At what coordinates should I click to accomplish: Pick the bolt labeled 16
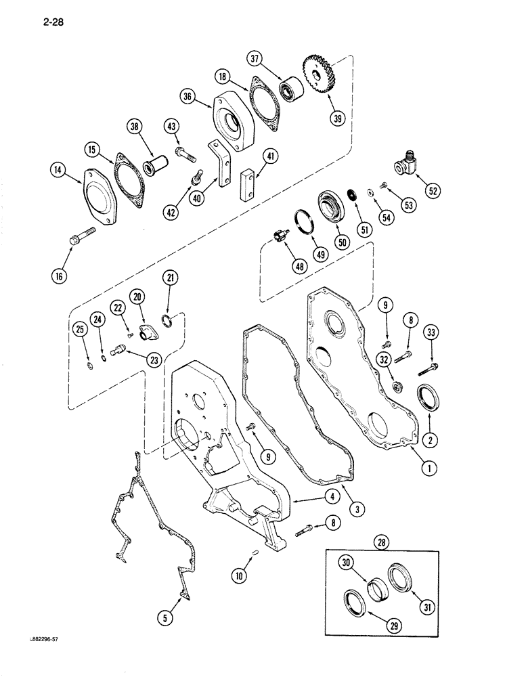coord(76,239)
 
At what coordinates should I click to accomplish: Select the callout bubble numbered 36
coord(188,98)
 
